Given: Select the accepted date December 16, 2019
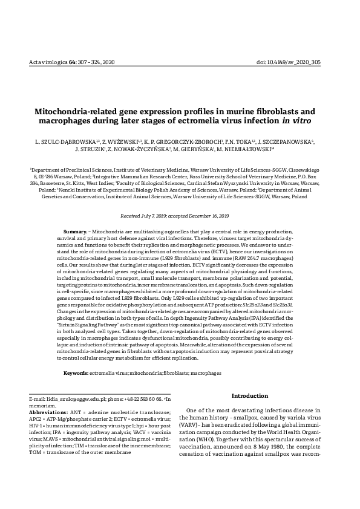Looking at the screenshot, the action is [205, 216].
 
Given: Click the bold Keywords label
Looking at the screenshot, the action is [76, 374].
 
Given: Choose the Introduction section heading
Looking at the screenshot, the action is [250, 396].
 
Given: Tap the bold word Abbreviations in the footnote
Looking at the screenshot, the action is [49, 412].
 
